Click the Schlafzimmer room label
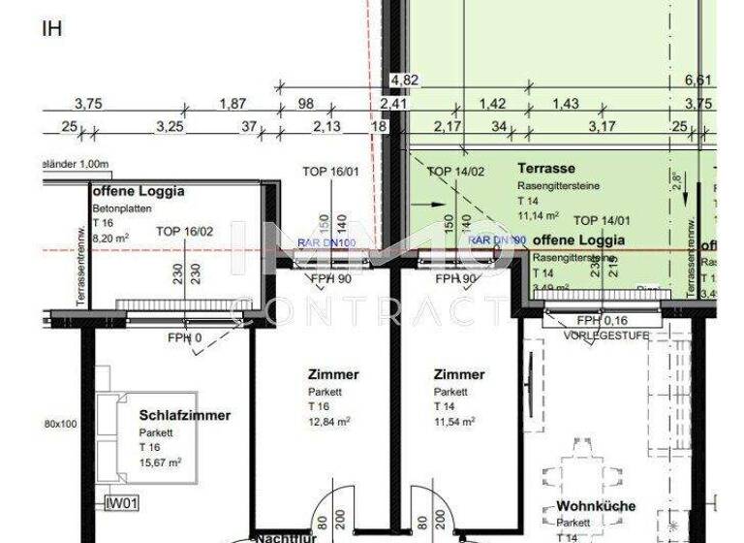coord(184,415)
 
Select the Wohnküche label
coord(596,506)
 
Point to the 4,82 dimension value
coord(404,80)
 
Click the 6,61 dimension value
coord(698,80)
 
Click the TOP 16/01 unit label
coord(330,171)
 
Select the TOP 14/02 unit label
coord(456,171)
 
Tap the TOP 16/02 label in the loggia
coord(185,232)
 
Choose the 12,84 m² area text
coord(329,422)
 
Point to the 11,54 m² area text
coord(454,422)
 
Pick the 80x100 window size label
coord(60,424)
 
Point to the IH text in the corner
coord(51,27)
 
